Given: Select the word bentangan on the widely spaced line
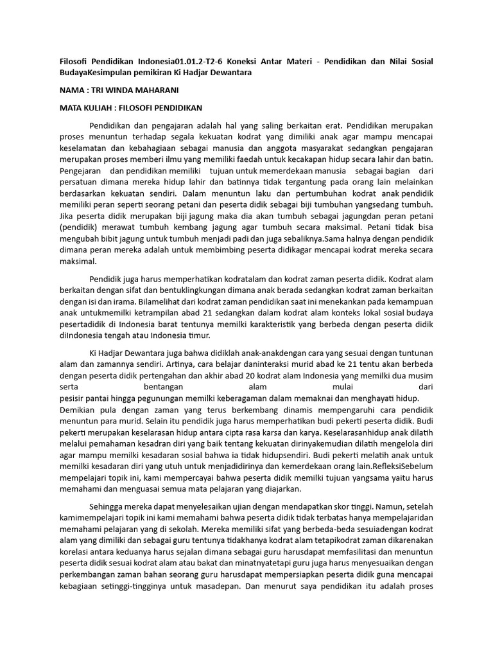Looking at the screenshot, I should (161, 387).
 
